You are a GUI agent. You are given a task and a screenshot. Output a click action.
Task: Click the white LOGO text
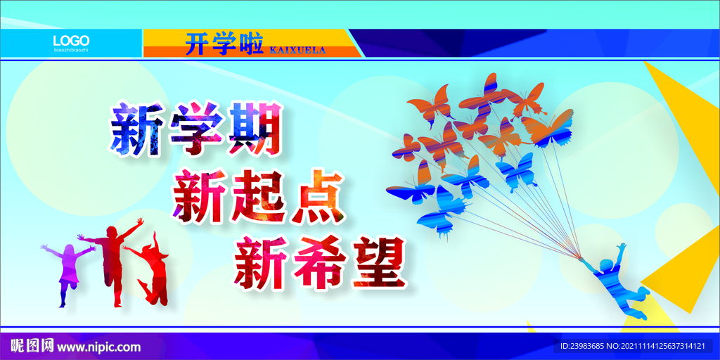click(71, 39)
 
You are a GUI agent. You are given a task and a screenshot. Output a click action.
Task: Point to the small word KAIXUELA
click(297, 50)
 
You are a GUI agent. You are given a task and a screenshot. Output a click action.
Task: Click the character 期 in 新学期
click(256, 129)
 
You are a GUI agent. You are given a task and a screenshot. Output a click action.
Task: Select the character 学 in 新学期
click(193, 129)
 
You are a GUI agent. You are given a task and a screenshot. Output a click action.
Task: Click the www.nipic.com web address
click(98, 347)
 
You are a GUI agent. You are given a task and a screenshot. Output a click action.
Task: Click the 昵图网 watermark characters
click(32, 346)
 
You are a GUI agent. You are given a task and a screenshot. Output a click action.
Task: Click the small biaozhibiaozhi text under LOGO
click(71, 51)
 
